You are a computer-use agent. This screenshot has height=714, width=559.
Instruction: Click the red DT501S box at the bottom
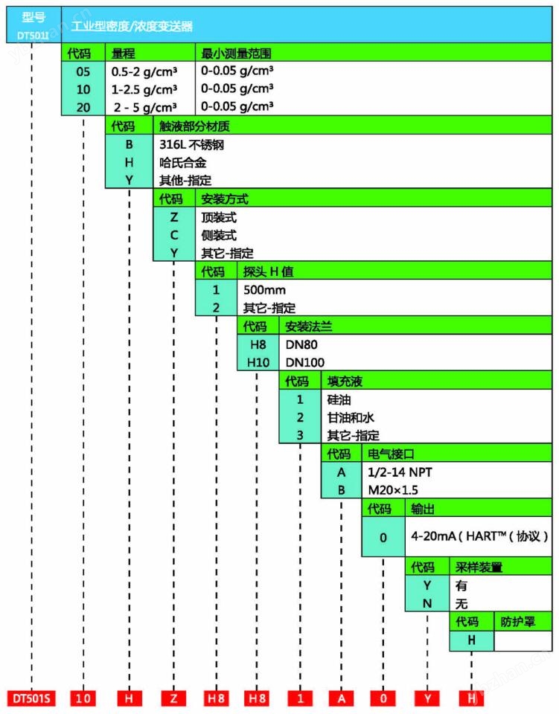click(31, 698)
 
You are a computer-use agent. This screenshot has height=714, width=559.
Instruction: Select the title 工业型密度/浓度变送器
click(132, 26)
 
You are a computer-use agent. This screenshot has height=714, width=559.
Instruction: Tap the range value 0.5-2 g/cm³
click(144, 72)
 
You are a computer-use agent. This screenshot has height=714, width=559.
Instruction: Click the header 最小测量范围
click(236, 54)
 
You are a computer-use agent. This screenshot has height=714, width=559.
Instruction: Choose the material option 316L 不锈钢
click(191, 144)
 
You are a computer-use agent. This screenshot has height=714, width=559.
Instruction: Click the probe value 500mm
click(264, 289)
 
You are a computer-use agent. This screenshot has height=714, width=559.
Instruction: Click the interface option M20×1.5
click(392, 490)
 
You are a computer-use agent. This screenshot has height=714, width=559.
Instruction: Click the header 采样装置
click(478, 567)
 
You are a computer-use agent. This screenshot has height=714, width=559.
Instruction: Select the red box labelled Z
click(173, 698)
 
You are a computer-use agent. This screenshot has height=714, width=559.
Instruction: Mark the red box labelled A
click(341, 698)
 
